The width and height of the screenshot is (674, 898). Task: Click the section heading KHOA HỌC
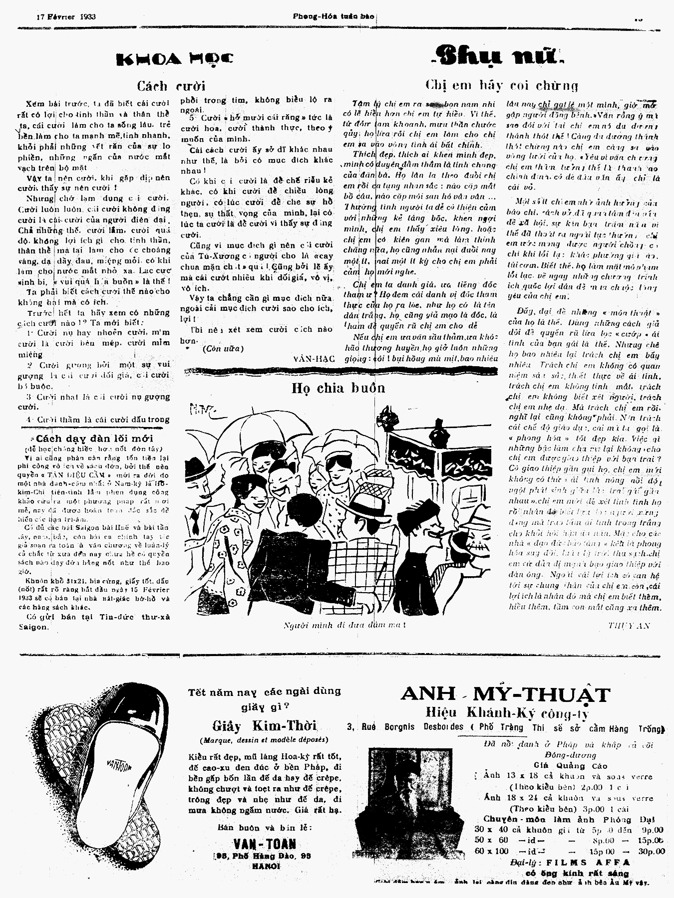tap(174, 59)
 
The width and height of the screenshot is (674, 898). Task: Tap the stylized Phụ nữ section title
tap(498, 56)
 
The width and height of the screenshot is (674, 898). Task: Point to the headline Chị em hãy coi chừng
tap(501, 85)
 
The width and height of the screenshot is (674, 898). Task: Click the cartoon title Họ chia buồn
tap(338, 388)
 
